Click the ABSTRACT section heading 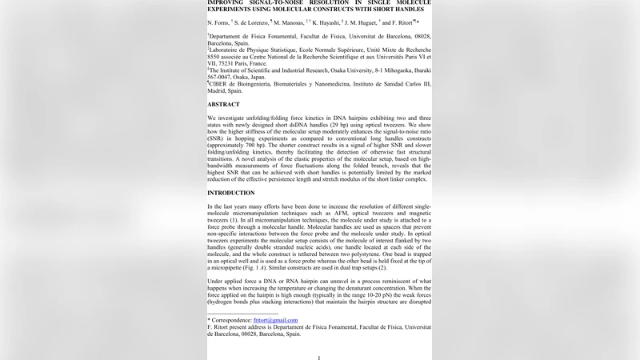[x=223, y=105]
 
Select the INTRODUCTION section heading [x=231, y=193]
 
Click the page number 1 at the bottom [x=318, y=358]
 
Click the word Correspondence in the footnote [x=230, y=320]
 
